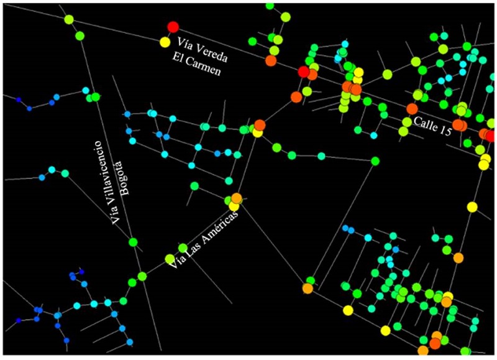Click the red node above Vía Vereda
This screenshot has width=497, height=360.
coord(173,27)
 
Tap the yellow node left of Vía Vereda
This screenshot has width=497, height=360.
coord(165,42)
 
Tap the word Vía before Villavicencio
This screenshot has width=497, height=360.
coord(116,219)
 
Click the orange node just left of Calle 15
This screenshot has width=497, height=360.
coord(412,108)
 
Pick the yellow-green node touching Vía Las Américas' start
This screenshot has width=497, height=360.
coord(170,259)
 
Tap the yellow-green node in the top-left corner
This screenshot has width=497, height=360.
coord(70,20)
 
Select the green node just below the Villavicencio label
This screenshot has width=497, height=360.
coord(132,242)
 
